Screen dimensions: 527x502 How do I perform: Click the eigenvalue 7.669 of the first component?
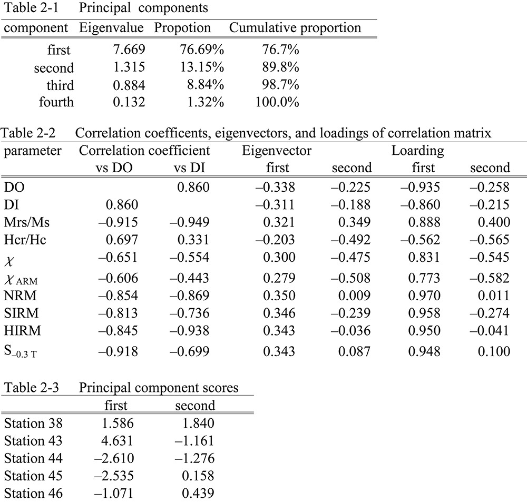pyautogui.click(x=129, y=50)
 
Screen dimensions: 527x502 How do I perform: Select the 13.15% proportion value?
pyautogui.click(x=202, y=67)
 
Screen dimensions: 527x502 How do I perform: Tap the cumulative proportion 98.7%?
pyautogui.click(x=281, y=85)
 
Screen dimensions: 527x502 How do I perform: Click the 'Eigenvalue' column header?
pyautogui.click(x=111, y=28)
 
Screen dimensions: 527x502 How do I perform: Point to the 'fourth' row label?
pyautogui.click(x=56, y=102)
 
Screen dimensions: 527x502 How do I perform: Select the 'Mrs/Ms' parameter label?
pyautogui.click(x=26, y=222)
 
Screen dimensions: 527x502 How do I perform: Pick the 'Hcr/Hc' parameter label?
pyautogui.click(x=25, y=240)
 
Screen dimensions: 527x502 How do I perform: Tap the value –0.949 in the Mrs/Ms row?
pyautogui.click(x=190, y=222)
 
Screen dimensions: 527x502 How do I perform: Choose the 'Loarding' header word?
pyautogui.click(x=418, y=151)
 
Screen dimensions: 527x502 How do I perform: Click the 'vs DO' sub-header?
pyautogui.click(x=114, y=168)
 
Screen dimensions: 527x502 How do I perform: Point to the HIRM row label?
pyautogui.click(x=22, y=330)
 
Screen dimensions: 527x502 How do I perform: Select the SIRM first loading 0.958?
pyautogui.click(x=424, y=313)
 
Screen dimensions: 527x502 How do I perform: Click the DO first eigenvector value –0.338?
pyautogui.click(x=275, y=187)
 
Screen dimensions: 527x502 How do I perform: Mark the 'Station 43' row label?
pyautogui.click(x=33, y=440)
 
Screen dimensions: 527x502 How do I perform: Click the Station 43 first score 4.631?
pyautogui.click(x=118, y=440)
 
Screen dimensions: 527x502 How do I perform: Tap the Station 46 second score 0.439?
pyautogui.click(x=198, y=493)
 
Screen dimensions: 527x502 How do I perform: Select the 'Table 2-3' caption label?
pyautogui.click(x=31, y=387)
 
